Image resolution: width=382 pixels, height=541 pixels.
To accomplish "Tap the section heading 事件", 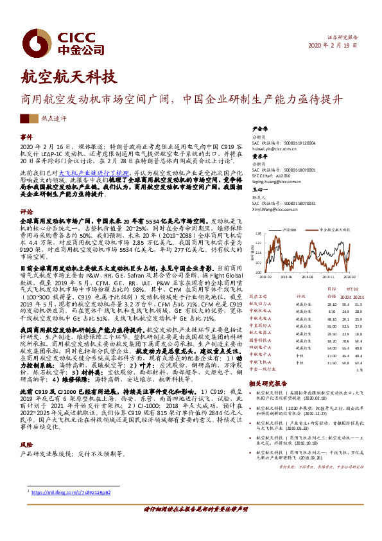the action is (x=26, y=137).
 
